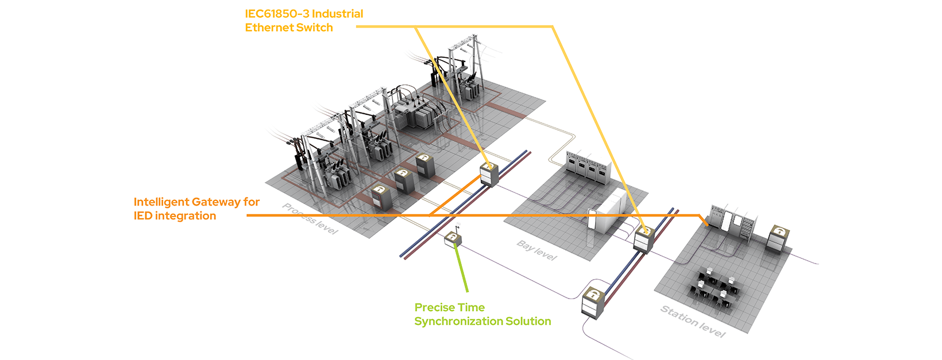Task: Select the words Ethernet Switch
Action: tap(289, 28)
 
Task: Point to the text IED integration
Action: tap(175, 216)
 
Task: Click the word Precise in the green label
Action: tap(434, 308)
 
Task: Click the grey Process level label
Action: tap(310, 219)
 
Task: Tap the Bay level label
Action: tap(536, 250)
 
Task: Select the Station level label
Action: tap(692, 322)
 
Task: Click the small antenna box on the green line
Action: tap(453, 239)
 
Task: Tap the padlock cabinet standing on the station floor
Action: tap(778, 238)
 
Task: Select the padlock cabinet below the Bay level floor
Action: tap(593, 303)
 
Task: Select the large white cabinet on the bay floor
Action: tap(615, 210)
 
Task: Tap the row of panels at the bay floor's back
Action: tap(586, 167)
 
